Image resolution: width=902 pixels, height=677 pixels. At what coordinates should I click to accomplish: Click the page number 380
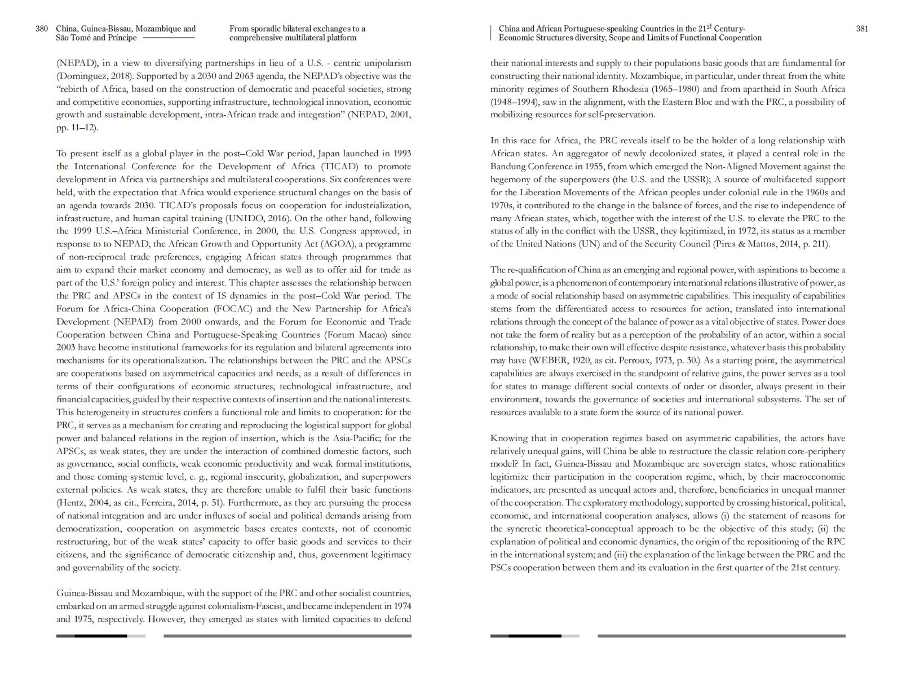click(x=42, y=28)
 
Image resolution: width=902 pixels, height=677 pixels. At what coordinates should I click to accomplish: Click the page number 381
click(x=862, y=28)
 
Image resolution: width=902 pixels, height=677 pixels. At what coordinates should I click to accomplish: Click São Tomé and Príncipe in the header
click(x=96, y=38)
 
